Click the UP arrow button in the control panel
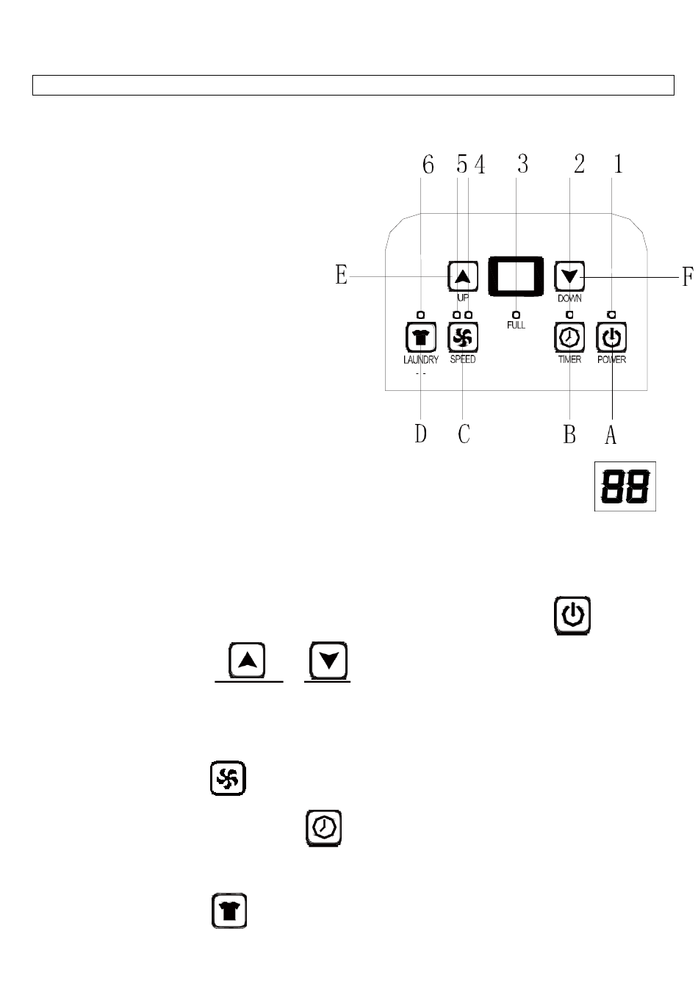point(463,277)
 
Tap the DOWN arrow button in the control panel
point(569,277)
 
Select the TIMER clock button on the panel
point(569,338)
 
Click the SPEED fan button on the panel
point(463,339)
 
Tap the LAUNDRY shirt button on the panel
point(421,338)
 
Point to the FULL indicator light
point(517,315)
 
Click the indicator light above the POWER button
point(611,315)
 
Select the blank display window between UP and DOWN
point(516,277)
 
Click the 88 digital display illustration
point(625,486)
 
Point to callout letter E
point(342,276)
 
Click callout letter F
point(688,277)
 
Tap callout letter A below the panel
point(611,435)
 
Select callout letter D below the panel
point(420,434)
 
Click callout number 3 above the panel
point(522,165)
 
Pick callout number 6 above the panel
point(428,165)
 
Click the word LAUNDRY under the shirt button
point(421,360)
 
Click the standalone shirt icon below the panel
point(229,911)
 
